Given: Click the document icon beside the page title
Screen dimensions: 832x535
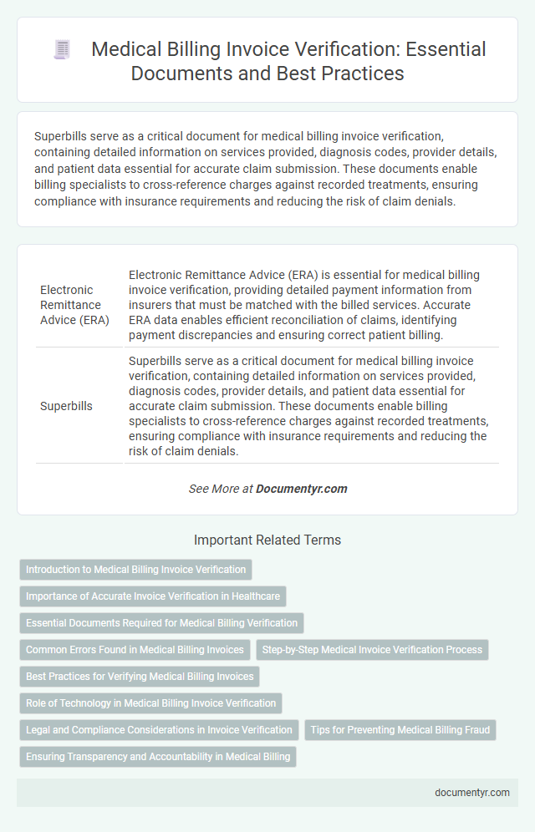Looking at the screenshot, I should point(61,50).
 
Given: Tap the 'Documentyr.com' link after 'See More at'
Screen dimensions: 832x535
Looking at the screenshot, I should point(302,489).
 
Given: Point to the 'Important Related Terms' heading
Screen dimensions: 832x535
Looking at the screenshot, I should point(267,540).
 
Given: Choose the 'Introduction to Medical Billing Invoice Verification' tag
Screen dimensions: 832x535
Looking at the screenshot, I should point(135,570).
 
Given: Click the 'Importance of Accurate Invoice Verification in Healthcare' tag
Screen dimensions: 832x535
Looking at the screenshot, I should point(153,596).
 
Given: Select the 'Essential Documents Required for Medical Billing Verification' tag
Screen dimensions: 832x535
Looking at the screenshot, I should point(161,623).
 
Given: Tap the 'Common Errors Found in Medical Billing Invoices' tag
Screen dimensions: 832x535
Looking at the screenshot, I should point(135,650).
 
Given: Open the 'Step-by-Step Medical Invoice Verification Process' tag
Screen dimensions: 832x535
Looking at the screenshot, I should point(372,650).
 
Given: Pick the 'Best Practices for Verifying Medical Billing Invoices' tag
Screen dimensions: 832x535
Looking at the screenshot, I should point(139,677).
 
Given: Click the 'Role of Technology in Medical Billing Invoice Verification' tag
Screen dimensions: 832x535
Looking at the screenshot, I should point(150,703).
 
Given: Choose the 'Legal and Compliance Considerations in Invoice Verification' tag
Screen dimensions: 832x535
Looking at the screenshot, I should point(159,730).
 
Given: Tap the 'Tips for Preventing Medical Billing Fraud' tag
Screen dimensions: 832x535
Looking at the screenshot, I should point(400,730).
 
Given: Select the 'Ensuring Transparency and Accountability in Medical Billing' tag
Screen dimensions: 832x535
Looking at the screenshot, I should point(158,757).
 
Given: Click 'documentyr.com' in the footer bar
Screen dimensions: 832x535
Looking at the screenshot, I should point(472,793).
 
